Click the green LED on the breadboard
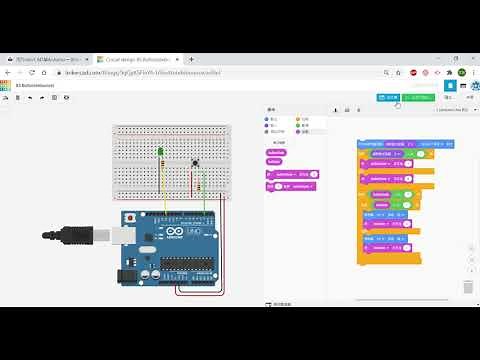coord(160,151)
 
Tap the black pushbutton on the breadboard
coord(194,162)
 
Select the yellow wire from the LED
coord(162,185)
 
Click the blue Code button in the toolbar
coord(388,97)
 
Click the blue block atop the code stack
coord(394,145)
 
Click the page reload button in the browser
coord(32,73)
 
